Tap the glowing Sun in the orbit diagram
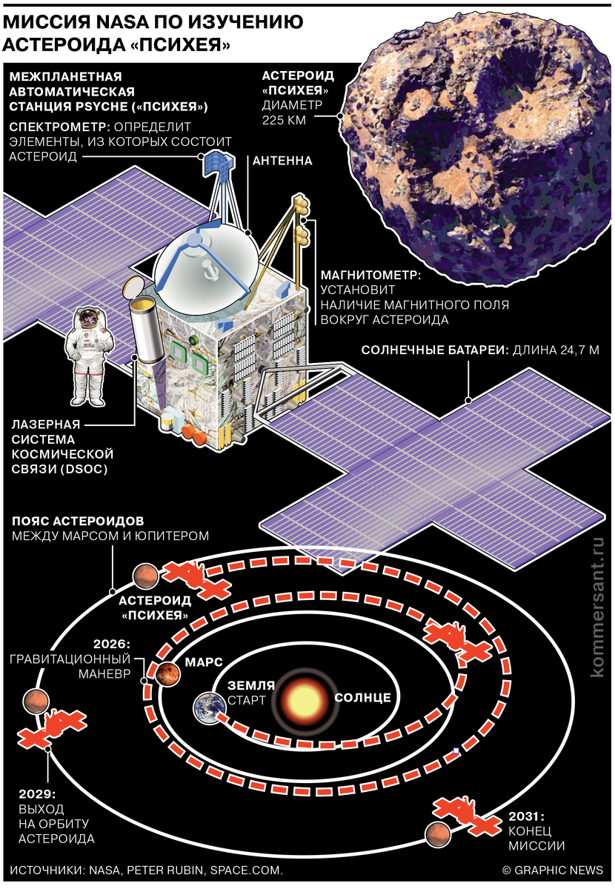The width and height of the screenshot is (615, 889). tap(303, 699)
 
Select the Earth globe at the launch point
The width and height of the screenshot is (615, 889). tap(208, 707)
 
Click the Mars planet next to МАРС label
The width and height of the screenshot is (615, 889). tap(169, 673)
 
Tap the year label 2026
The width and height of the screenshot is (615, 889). tap(113, 643)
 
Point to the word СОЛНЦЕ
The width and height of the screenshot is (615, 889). tap(362, 698)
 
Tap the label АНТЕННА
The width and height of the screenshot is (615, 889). tap(282, 160)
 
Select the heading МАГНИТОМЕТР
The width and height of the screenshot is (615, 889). tap(370, 275)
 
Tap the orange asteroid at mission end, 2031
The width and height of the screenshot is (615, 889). tap(437, 835)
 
